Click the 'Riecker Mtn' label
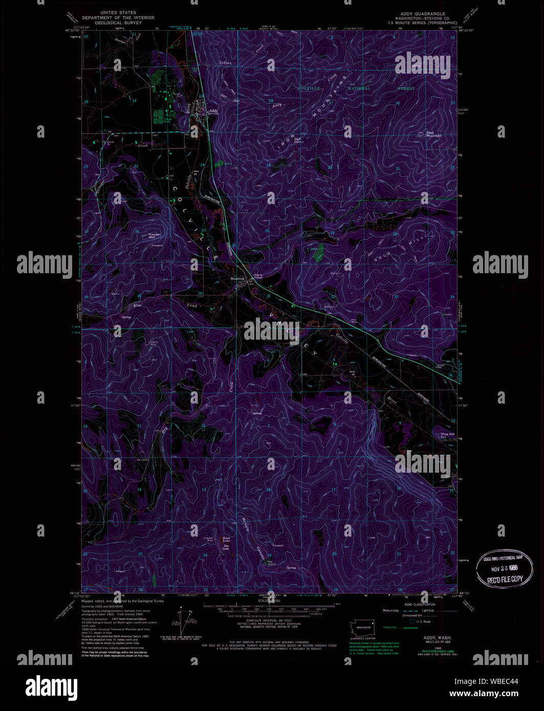155,236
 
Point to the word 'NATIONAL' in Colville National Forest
358,88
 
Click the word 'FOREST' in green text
407,88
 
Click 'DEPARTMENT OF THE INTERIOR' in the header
118,18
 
